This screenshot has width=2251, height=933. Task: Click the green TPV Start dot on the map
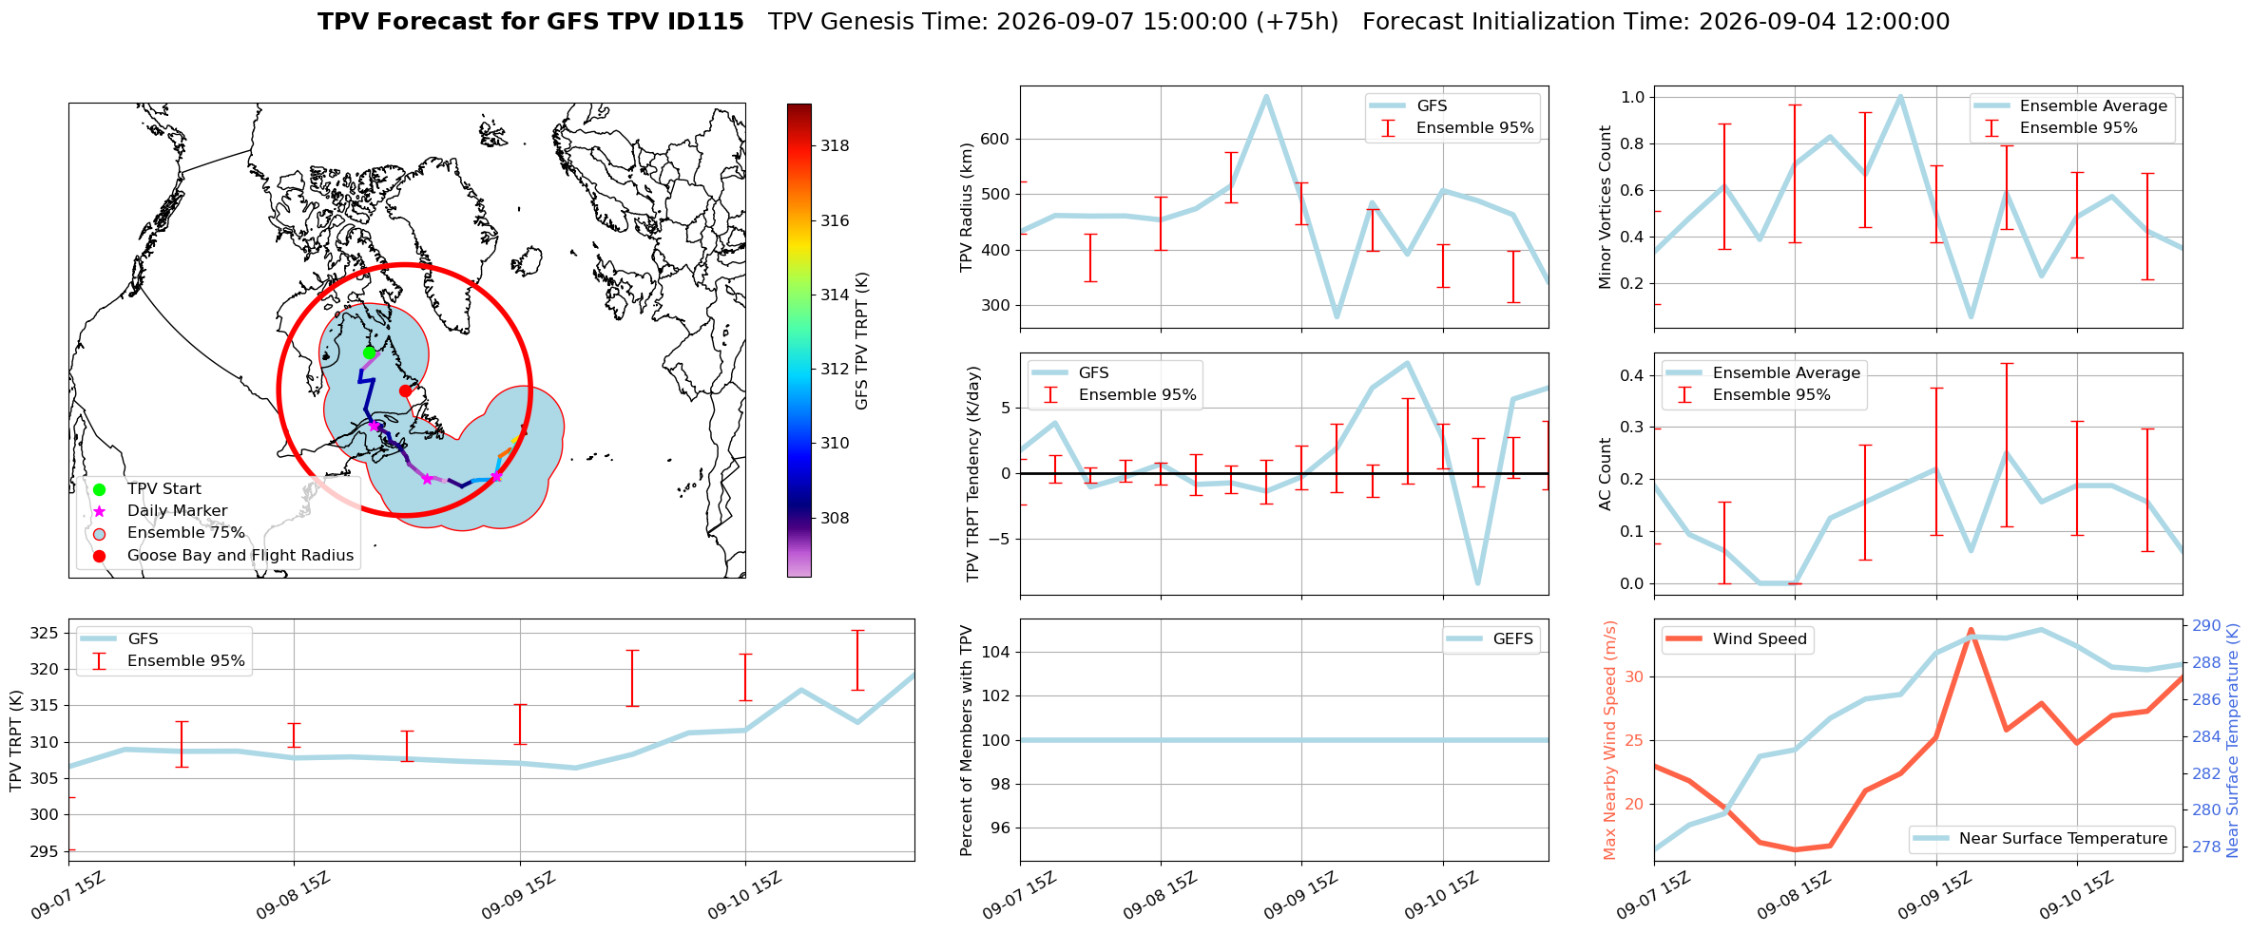click(x=369, y=352)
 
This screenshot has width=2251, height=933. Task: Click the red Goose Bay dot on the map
click(x=405, y=390)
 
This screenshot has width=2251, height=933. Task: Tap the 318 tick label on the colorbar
click(x=835, y=145)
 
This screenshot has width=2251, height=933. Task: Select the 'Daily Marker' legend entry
click(x=177, y=511)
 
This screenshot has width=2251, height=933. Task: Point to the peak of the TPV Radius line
click(x=1266, y=95)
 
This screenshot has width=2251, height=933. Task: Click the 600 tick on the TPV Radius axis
click(x=994, y=139)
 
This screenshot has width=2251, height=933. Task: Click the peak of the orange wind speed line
click(x=1971, y=629)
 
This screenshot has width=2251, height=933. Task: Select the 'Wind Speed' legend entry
click(x=1739, y=638)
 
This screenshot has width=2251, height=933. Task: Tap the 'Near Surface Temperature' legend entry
click(x=2043, y=838)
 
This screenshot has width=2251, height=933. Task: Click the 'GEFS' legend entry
click(x=1491, y=638)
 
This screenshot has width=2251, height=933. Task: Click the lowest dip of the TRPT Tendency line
click(x=1478, y=583)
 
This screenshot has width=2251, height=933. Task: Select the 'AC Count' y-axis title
click(x=1606, y=474)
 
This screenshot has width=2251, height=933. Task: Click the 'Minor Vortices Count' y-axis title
click(x=1606, y=207)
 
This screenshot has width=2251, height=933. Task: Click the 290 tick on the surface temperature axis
click(x=2206, y=625)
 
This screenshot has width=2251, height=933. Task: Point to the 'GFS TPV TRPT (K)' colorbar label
click(x=861, y=341)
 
